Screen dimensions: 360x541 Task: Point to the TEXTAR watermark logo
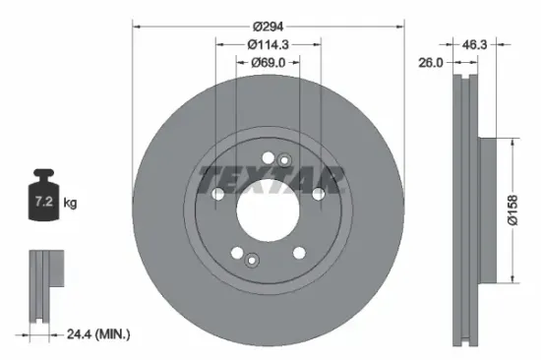coord(271,179)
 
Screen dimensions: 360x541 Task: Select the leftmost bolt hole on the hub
coord(216,195)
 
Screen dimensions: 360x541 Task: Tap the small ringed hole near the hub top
coord(285,160)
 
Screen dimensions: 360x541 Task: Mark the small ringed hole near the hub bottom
coord(252,261)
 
